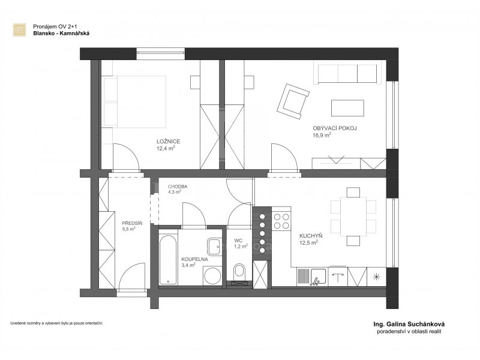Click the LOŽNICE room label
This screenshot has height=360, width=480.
point(168,142)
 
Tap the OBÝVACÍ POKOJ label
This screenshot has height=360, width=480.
point(335,128)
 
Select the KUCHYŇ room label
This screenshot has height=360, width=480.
point(311,236)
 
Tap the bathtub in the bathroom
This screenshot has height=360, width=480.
point(168,260)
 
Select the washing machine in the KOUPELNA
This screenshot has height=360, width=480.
point(212,275)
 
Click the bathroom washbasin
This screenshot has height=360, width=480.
point(214,247)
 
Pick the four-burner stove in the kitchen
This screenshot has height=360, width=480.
point(281,221)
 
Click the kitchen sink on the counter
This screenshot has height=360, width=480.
point(319,277)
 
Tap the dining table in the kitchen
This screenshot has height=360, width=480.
point(353,217)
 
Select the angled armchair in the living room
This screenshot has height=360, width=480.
point(292,101)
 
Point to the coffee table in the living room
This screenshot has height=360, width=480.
point(347,108)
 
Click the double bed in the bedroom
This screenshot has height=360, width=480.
point(134,101)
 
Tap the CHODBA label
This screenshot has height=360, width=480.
point(178,187)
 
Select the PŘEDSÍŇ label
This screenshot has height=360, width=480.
point(132,223)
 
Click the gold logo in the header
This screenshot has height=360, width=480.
point(19,30)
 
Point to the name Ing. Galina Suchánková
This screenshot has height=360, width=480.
point(409,324)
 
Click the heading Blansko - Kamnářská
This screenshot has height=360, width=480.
point(61,34)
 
